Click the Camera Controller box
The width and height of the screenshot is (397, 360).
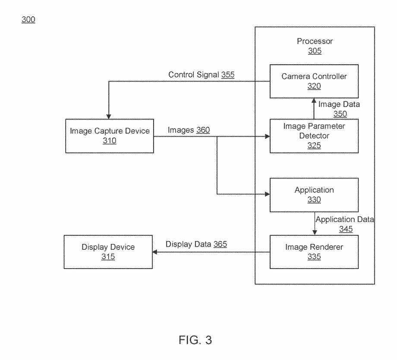coord(314,81)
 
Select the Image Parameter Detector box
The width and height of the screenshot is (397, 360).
coord(314,136)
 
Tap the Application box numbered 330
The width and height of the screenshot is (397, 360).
coord(314,194)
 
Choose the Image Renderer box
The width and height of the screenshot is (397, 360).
coord(314,252)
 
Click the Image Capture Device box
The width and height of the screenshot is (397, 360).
coord(110,136)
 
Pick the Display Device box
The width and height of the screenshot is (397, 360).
coord(108,252)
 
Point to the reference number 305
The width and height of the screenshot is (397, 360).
coord(315,51)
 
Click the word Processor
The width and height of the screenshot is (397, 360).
coord(315,42)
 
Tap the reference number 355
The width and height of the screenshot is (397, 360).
coord(228,74)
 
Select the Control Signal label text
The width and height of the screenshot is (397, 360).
coord(193,74)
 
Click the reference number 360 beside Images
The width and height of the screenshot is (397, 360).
coord(203,130)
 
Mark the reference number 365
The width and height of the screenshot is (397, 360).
coord(220,244)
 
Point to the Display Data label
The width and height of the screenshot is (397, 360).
coord(188,244)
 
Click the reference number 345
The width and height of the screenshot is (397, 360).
coord(346,229)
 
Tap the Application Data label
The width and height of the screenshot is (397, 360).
coord(345,219)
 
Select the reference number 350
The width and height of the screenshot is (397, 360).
coord(340,114)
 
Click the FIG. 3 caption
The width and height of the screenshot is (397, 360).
coord(195,341)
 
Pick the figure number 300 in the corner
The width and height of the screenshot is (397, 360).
coord(28,20)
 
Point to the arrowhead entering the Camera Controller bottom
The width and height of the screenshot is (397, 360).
coord(313,100)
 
